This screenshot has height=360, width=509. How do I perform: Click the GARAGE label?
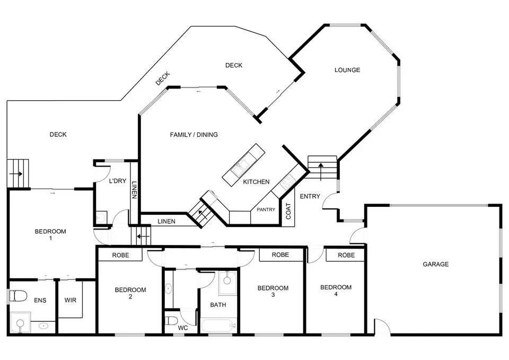(x=435, y=264)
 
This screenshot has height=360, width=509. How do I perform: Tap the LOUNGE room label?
(x=347, y=70)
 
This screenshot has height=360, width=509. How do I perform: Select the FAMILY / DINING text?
(x=194, y=135)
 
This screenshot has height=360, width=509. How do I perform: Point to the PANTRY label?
(x=266, y=209)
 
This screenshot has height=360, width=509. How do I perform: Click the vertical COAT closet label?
(x=289, y=211)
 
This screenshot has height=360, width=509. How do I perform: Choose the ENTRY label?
(x=310, y=197)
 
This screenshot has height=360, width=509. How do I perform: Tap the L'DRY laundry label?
(x=117, y=181)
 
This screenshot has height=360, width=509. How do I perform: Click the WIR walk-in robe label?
(x=70, y=301)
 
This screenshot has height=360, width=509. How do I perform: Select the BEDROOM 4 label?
(x=336, y=291)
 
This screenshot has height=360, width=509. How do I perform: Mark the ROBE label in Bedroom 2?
(x=121, y=255)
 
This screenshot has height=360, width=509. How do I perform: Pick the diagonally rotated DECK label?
(x=162, y=78)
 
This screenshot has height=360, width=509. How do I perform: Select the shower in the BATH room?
(x=229, y=282)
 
